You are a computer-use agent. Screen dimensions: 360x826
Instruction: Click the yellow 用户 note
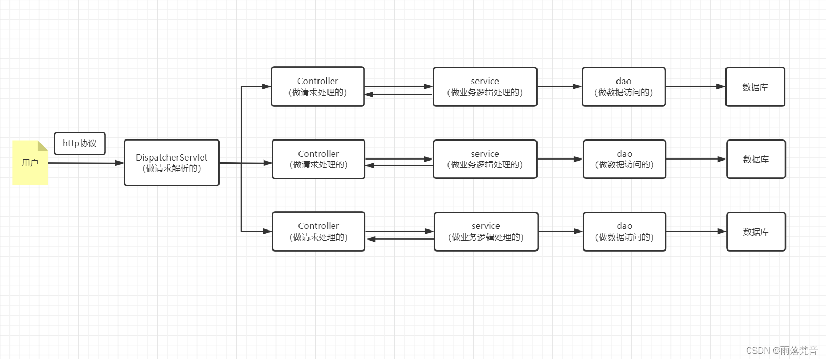pyautogui.click(x=30, y=163)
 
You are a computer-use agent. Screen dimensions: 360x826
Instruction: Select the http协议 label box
pyautogui.click(x=79, y=143)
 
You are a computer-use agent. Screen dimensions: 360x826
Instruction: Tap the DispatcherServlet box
pyautogui.click(x=172, y=163)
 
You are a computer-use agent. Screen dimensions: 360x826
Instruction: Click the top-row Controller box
pyautogui.click(x=317, y=87)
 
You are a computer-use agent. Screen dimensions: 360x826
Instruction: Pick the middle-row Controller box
pyautogui.click(x=318, y=159)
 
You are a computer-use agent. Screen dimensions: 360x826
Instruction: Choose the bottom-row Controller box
pyautogui.click(x=318, y=232)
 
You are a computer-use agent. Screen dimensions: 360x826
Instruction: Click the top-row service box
pyautogui.click(x=485, y=87)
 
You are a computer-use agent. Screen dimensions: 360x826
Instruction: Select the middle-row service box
pyautogui.click(x=485, y=159)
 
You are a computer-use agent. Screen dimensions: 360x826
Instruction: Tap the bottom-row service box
pyautogui.click(x=486, y=232)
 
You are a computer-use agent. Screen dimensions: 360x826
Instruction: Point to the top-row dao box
pyautogui.click(x=623, y=87)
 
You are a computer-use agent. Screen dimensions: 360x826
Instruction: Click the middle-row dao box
pyautogui.click(x=624, y=159)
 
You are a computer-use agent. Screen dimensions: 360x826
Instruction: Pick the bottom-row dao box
pyautogui.click(x=624, y=232)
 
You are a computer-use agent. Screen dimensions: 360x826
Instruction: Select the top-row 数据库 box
pyautogui.click(x=755, y=87)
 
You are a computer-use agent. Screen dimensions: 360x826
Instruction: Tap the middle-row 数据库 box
pyautogui.click(x=755, y=159)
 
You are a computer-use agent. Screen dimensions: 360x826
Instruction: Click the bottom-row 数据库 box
pyautogui.click(x=755, y=232)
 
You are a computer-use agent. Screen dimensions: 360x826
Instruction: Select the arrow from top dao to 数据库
pyautogui.click(x=695, y=87)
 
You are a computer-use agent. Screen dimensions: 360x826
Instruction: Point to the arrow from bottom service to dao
pyautogui.click(x=560, y=232)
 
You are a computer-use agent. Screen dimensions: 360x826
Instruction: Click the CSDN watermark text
pyautogui.click(x=781, y=351)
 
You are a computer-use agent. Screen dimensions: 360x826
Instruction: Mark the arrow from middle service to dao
pyautogui.click(x=560, y=159)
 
